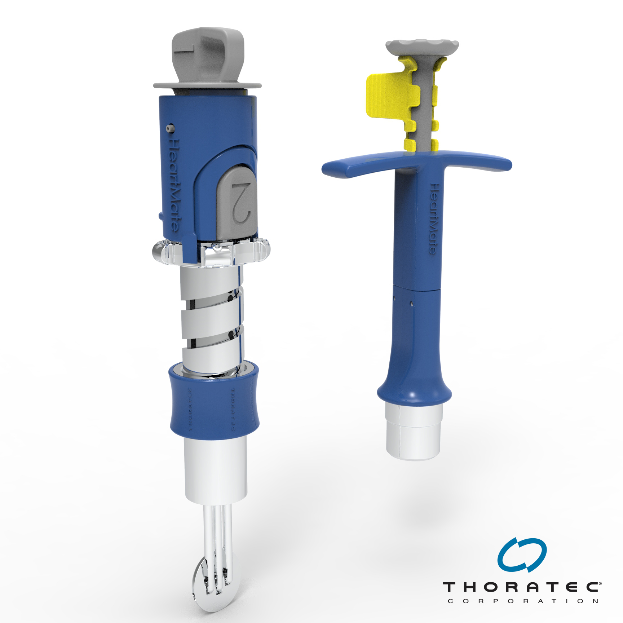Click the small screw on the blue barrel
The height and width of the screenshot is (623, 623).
tap(170, 128)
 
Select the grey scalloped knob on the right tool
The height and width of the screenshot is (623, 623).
tap(422, 46)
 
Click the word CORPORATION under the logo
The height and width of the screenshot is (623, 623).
tap(523, 601)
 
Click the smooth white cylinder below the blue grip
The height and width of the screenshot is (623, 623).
tap(216, 469)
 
